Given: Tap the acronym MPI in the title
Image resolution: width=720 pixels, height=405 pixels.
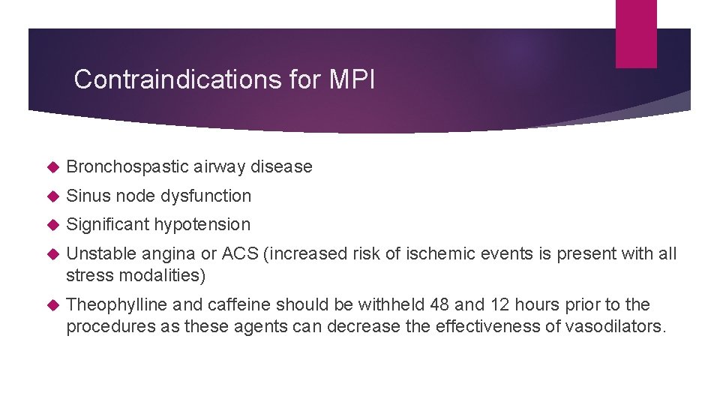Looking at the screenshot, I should coord(352,79).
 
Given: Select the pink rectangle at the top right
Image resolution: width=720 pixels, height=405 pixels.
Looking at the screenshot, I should coord(636,34).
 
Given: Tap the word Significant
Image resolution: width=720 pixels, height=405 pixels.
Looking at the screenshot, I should coord(108,224).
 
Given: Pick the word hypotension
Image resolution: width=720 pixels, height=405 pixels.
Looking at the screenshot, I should coord(202,224).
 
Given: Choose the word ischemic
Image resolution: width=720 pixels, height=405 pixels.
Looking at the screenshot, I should coord(439,254).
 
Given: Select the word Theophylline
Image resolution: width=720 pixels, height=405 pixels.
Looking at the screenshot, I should coord(117,304).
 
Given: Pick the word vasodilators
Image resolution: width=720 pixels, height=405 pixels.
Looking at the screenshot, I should coord(614,326).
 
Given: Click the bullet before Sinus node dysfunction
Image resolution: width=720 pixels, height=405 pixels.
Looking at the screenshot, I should coord(52,196).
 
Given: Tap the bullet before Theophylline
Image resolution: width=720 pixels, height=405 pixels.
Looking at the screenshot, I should coord(52,305).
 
